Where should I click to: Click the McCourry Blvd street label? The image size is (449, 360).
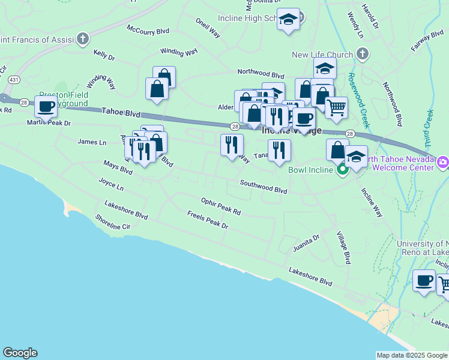click(148, 30)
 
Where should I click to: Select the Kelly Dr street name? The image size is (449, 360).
click(104, 55)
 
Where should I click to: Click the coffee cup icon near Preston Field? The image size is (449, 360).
click(46, 107)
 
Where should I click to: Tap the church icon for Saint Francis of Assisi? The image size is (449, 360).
click(83, 40)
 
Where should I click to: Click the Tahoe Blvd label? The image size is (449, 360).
click(121, 112)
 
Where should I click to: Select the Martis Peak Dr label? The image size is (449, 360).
click(49, 123)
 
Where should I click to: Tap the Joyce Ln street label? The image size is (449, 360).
click(111, 184)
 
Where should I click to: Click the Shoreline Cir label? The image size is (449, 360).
click(112, 222)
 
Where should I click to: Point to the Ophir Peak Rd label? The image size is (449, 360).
click(221, 207)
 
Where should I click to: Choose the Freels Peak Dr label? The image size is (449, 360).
click(208, 221)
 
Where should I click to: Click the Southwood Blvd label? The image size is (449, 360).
click(264, 187)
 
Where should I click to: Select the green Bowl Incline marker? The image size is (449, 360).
click(343, 170)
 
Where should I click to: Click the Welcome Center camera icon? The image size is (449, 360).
click(443, 162)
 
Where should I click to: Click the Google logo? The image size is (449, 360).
click(20, 353)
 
